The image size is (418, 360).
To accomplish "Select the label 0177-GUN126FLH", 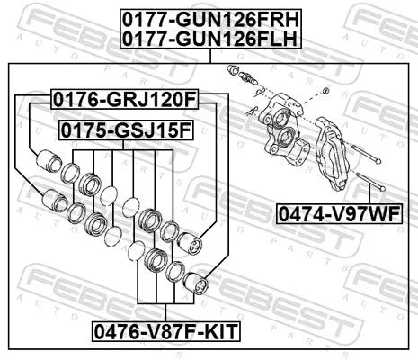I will point(210,37).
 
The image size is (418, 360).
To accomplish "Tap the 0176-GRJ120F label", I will point(124,97).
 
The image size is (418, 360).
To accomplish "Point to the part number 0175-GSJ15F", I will point(126,130).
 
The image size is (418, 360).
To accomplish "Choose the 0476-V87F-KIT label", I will point(167,331).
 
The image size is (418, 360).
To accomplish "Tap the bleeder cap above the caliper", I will point(236,72).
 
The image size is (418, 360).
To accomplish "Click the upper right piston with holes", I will point(193,241).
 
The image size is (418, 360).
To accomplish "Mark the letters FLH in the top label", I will point(275,37).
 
